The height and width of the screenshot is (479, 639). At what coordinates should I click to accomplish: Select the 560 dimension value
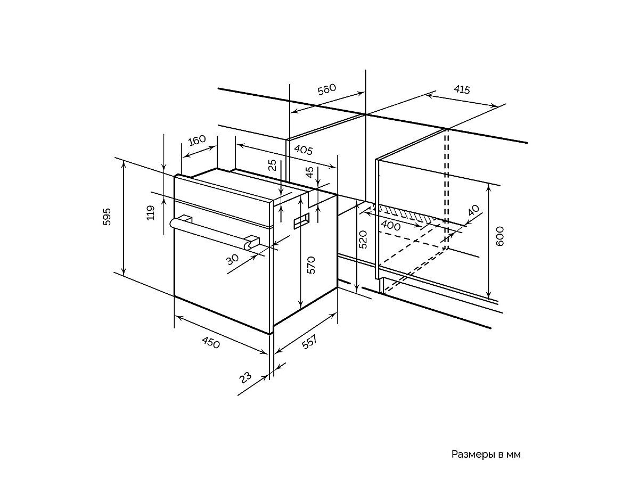pos(327,89)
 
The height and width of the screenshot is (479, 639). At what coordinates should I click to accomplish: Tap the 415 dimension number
pos(461,89)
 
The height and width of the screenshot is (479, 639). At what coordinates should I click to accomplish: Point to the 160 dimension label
pos(196,141)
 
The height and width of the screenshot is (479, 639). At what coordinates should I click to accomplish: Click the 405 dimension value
pos(302,151)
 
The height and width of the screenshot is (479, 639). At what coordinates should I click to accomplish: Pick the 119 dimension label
pos(150,213)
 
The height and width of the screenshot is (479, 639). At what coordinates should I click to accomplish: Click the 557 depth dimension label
pos(309,343)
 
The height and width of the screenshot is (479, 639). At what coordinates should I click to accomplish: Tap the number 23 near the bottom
pos(245,377)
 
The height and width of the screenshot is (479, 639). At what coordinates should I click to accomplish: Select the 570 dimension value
pos(312,265)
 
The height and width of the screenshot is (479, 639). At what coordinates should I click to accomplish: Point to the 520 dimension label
pos(363,240)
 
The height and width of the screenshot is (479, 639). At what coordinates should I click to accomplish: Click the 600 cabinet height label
pos(499,236)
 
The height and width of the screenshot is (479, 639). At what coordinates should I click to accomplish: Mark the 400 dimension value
pos(391,226)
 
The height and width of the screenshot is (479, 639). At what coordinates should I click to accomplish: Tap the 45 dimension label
pos(310,172)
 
